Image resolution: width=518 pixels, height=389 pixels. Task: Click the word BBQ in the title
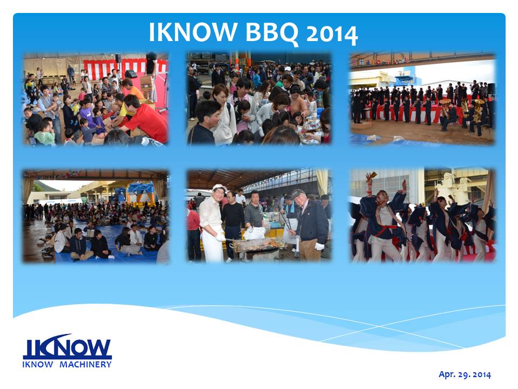(272, 32)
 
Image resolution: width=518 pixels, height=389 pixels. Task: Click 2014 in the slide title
(332, 34)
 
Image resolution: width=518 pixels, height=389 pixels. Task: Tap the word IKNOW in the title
(193, 32)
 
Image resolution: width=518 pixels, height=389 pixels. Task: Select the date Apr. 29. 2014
(465, 374)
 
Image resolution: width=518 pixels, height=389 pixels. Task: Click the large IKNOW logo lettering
(67, 347)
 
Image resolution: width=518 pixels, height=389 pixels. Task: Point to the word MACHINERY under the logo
(85, 365)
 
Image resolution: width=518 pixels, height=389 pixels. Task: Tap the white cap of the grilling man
(220, 187)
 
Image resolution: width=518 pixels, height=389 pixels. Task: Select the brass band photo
(422, 98)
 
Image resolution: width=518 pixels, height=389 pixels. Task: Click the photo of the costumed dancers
(422, 216)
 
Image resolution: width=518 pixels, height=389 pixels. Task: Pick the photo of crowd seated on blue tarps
(96, 216)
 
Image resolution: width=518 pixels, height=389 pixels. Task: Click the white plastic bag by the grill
(254, 233)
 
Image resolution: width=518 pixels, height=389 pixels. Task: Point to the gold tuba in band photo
(478, 110)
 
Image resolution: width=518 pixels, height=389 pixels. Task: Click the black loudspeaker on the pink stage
(131, 74)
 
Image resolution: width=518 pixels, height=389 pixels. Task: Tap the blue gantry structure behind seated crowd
(141, 191)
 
